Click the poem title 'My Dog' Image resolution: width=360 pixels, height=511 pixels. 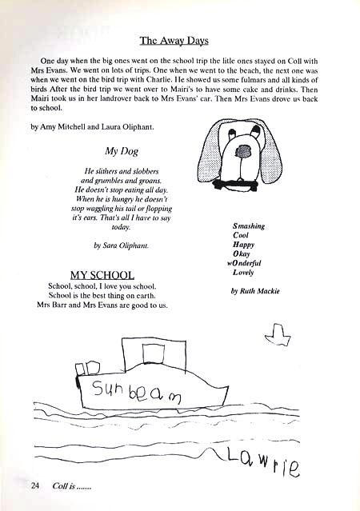[118, 150]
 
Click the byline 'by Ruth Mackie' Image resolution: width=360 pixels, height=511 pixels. [254, 291]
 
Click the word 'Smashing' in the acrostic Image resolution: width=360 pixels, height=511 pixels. [249, 226]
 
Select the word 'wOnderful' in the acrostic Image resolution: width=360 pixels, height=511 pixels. [245, 262]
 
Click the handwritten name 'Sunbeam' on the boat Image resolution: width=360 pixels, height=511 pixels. [137, 392]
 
